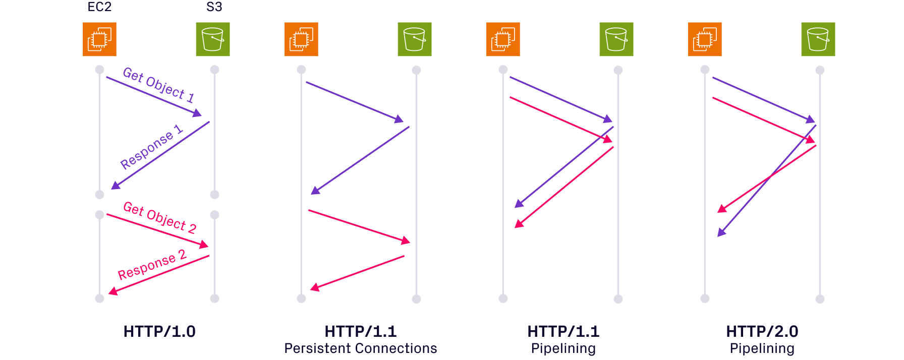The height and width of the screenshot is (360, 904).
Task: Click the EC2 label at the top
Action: coord(99,7)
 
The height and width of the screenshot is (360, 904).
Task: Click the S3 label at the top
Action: coord(214,7)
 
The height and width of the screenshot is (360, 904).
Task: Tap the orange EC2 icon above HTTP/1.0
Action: coord(99,39)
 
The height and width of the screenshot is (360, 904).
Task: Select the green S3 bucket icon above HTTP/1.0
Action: coord(212,39)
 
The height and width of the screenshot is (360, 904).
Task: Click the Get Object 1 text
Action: coord(158,84)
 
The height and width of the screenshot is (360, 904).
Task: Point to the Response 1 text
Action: coord(151,147)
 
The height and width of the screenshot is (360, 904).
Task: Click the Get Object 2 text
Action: coord(159,217)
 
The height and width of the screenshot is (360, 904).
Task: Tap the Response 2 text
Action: coord(151,265)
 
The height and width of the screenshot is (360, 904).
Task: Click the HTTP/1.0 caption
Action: coord(159,331)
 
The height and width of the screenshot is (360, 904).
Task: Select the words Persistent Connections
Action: coord(360,348)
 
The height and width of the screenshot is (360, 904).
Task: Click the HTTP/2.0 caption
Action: coord(762,331)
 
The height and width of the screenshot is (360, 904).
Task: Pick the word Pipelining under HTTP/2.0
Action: coord(762,348)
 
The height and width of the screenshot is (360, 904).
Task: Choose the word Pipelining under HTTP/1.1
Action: coord(563,348)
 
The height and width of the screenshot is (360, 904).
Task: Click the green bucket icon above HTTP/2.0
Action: coord(818,39)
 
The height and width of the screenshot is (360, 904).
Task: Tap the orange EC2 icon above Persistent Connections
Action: coord(301,39)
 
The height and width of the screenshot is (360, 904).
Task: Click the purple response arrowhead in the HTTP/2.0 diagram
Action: coord(721,232)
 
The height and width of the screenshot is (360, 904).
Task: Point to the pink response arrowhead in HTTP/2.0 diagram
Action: coord(722,209)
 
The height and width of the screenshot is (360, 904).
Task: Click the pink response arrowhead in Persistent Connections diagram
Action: coord(314,288)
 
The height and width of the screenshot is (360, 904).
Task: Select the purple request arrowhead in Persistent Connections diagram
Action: coord(400,120)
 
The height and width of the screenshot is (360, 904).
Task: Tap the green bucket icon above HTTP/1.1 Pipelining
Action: coord(616,39)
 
